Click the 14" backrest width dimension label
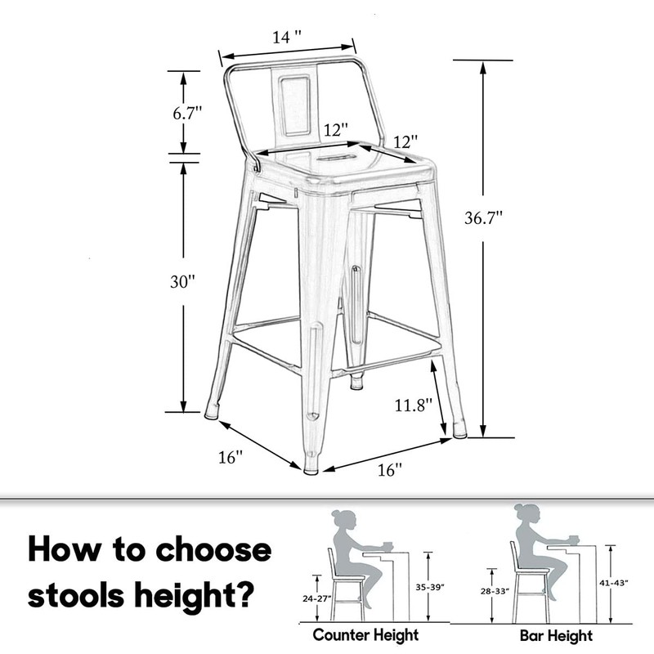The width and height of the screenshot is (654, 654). tap(286, 37)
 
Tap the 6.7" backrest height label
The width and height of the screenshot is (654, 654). tap(186, 114)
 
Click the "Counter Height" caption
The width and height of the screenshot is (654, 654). tap(365, 635)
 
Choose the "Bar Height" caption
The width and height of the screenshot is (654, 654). tap(556, 635)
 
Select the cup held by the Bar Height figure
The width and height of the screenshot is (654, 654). tap(573, 539)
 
